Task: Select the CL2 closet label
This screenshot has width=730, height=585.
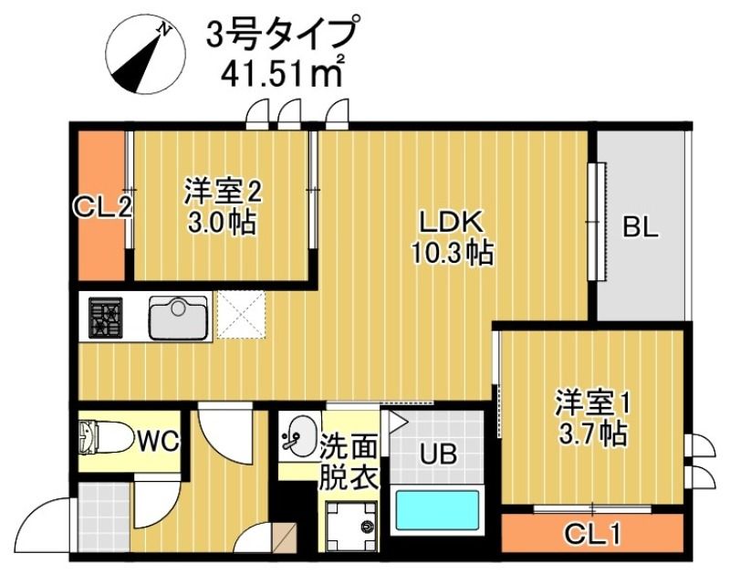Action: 102,206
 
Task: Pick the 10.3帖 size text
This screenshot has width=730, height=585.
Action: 449,253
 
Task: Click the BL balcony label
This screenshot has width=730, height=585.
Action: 641,227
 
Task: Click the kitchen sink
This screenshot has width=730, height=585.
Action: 179,318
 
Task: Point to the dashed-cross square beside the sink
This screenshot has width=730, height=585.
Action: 240,317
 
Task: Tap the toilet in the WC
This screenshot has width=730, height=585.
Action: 98,438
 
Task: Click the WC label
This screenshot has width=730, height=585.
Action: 159,443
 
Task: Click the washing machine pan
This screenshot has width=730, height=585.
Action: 349,525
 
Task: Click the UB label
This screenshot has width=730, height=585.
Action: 437,452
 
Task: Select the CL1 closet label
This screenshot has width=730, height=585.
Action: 591,531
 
